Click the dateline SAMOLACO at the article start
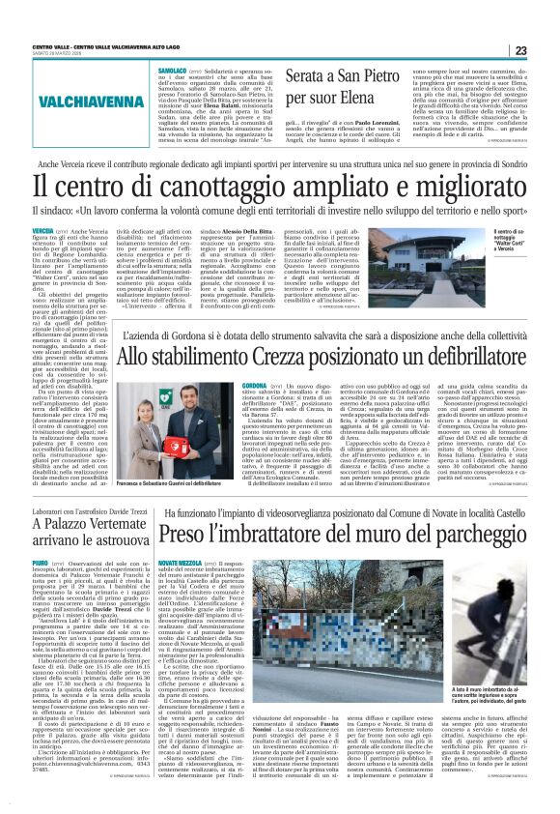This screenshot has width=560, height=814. [171, 71]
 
